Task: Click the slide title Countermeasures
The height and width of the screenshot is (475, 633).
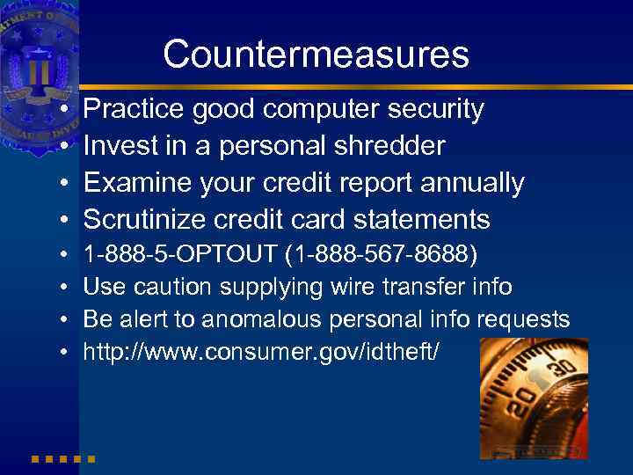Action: [x=316, y=55]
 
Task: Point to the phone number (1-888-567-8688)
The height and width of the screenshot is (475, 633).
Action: [x=382, y=255]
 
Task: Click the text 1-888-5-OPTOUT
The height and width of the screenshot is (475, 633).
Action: [x=179, y=255]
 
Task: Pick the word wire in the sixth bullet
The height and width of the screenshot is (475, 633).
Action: [x=354, y=287]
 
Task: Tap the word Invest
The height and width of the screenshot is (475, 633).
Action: [x=121, y=146]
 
